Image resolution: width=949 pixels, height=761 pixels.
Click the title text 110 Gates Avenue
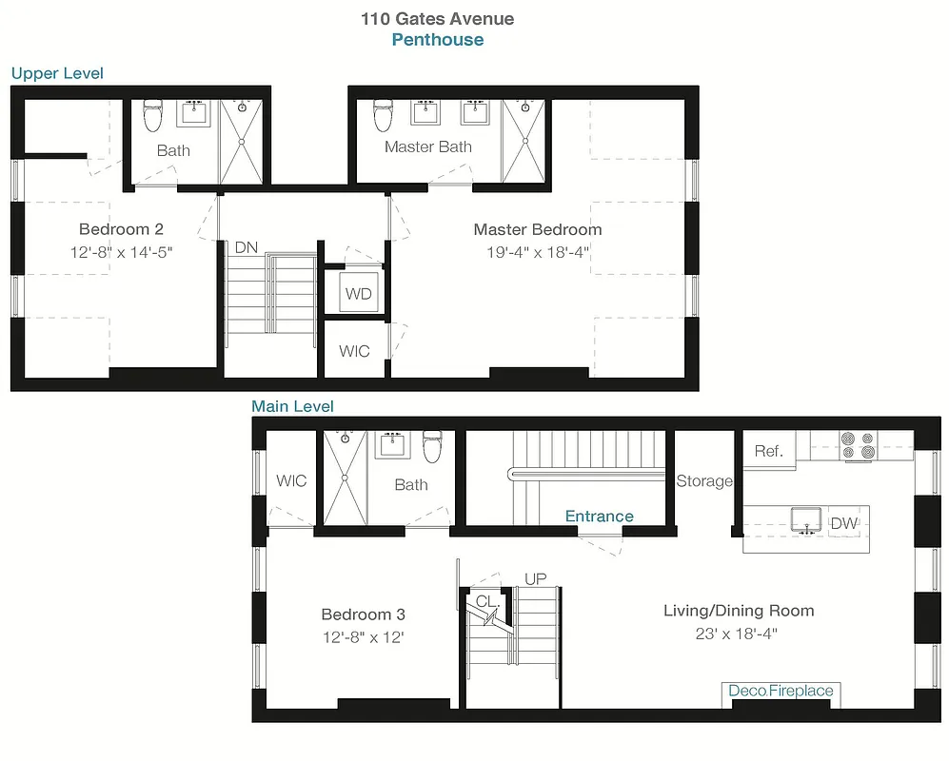[437, 18]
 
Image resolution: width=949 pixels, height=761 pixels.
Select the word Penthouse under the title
[437, 40]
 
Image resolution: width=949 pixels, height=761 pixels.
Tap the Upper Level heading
[57, 73]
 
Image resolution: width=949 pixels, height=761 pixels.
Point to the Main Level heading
[292, 406]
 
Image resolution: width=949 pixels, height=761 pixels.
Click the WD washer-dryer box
[359, 293]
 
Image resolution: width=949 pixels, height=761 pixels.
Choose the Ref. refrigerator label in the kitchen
[768, 451]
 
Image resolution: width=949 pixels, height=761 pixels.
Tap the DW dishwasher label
[843, 523]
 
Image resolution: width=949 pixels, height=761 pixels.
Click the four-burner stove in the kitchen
[859, 445]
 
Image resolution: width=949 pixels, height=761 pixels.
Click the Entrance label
[599, 517]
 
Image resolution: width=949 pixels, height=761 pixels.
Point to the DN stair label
[246, 247]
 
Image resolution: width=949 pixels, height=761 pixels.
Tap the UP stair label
[536, 578]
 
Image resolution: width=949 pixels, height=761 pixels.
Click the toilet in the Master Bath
[384, 116]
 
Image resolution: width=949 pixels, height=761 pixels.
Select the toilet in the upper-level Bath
[152, 116]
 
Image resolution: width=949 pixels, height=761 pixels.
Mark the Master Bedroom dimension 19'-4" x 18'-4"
[537, 253]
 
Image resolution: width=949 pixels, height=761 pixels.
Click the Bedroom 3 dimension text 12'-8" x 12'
[363, 637]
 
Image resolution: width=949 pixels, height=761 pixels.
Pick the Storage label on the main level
[704, 481]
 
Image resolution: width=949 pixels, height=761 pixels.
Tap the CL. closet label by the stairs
[487, 601]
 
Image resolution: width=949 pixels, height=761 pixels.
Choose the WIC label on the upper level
[355, 351]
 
